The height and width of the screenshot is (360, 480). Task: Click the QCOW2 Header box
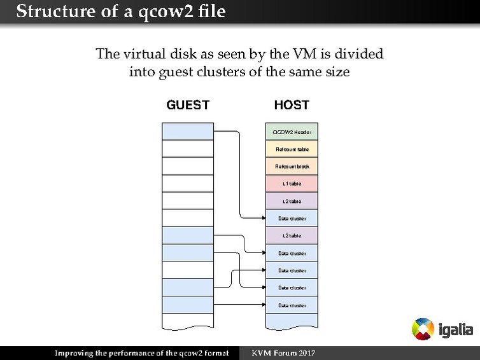[x=292, y=132]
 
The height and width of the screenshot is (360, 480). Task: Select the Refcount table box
[x=292, y=149]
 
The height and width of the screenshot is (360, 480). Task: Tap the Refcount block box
[x=292, y=166]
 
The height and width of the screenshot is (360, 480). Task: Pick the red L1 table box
[x=292, y=184]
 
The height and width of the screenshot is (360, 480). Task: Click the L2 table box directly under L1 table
[x=292, y=201]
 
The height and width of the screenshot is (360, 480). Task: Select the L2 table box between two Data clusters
[x=292, y=236]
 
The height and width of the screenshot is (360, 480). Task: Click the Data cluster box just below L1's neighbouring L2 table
[x=292, y=218]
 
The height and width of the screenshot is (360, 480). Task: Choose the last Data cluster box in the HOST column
[x=292, y=305]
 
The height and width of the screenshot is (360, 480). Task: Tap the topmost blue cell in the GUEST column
[x=188, y=132]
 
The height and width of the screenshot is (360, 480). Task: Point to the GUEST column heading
[x=188, y=105]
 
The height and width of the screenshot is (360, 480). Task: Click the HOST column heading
[x=292, y=105]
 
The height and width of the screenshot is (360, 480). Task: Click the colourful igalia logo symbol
[x=423, y=329]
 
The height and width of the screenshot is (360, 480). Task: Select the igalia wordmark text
[x=456, y=331]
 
